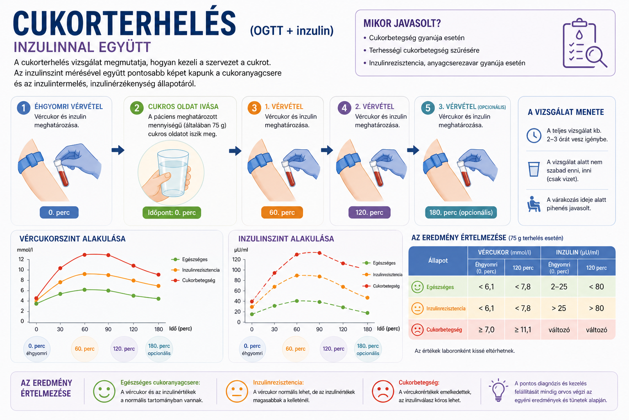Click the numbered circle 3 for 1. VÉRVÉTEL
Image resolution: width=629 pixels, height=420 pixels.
click(254, 108)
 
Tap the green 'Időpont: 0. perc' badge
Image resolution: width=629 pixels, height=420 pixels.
click(172, 213)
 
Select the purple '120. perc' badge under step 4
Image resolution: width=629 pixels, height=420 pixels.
click(369, 212)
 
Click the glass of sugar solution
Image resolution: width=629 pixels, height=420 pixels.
click(172, 173)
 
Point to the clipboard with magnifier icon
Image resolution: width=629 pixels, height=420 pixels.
click(584, 43)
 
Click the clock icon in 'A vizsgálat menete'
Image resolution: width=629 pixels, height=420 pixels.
click(534, 136)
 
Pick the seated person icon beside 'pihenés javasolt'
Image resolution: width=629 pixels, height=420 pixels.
click(534, 204)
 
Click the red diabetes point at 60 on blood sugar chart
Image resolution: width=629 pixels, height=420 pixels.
click(84, 255)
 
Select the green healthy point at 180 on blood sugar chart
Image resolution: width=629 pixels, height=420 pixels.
click(158, 299)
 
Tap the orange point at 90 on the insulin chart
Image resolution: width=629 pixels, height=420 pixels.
click(319, 276)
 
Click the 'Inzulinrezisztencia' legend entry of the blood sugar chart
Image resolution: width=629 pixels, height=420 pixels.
click(195, 270)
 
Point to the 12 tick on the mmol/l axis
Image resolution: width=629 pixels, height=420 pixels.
click(21, 259)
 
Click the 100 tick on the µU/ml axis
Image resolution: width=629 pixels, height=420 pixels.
click(236, 270)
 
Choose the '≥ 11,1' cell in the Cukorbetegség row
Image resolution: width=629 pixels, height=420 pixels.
click(523, 330)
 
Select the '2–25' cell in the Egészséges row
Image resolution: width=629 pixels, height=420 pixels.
click(559, 287)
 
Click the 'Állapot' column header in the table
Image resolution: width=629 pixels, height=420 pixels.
click(438, 261)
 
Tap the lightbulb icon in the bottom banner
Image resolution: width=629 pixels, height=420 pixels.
click(498, 390)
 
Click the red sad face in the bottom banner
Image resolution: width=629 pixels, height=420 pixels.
click(383, 391)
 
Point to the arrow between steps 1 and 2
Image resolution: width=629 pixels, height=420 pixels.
click(118, 150)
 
